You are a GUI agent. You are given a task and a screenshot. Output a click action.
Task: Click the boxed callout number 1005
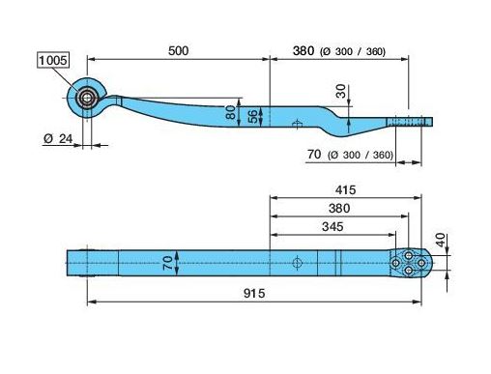pos(53,61)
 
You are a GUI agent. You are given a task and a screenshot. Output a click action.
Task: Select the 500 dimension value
pos(178,51)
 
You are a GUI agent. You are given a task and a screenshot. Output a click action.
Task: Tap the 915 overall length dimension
pos(254,294)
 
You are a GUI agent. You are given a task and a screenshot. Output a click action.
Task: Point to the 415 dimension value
pos(345,190)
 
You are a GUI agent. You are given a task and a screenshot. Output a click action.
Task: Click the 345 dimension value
pos(332,227)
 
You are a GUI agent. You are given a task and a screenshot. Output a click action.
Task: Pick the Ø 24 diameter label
pos(58,139)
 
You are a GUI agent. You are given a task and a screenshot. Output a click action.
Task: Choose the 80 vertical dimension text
pos(231,112)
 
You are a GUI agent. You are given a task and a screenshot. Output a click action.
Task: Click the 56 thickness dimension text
pos(254,116)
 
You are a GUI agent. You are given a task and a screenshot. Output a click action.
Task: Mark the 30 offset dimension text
pos(340,91)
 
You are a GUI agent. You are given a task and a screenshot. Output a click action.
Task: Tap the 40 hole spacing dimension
pos(441,240)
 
